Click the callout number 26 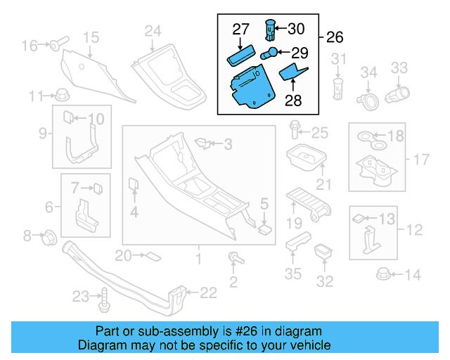(335, 37)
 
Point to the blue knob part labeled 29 (269, 53)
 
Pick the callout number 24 (153, 30)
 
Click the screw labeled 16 (56, 45)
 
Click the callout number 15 (91, 37)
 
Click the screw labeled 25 (293, 129)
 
